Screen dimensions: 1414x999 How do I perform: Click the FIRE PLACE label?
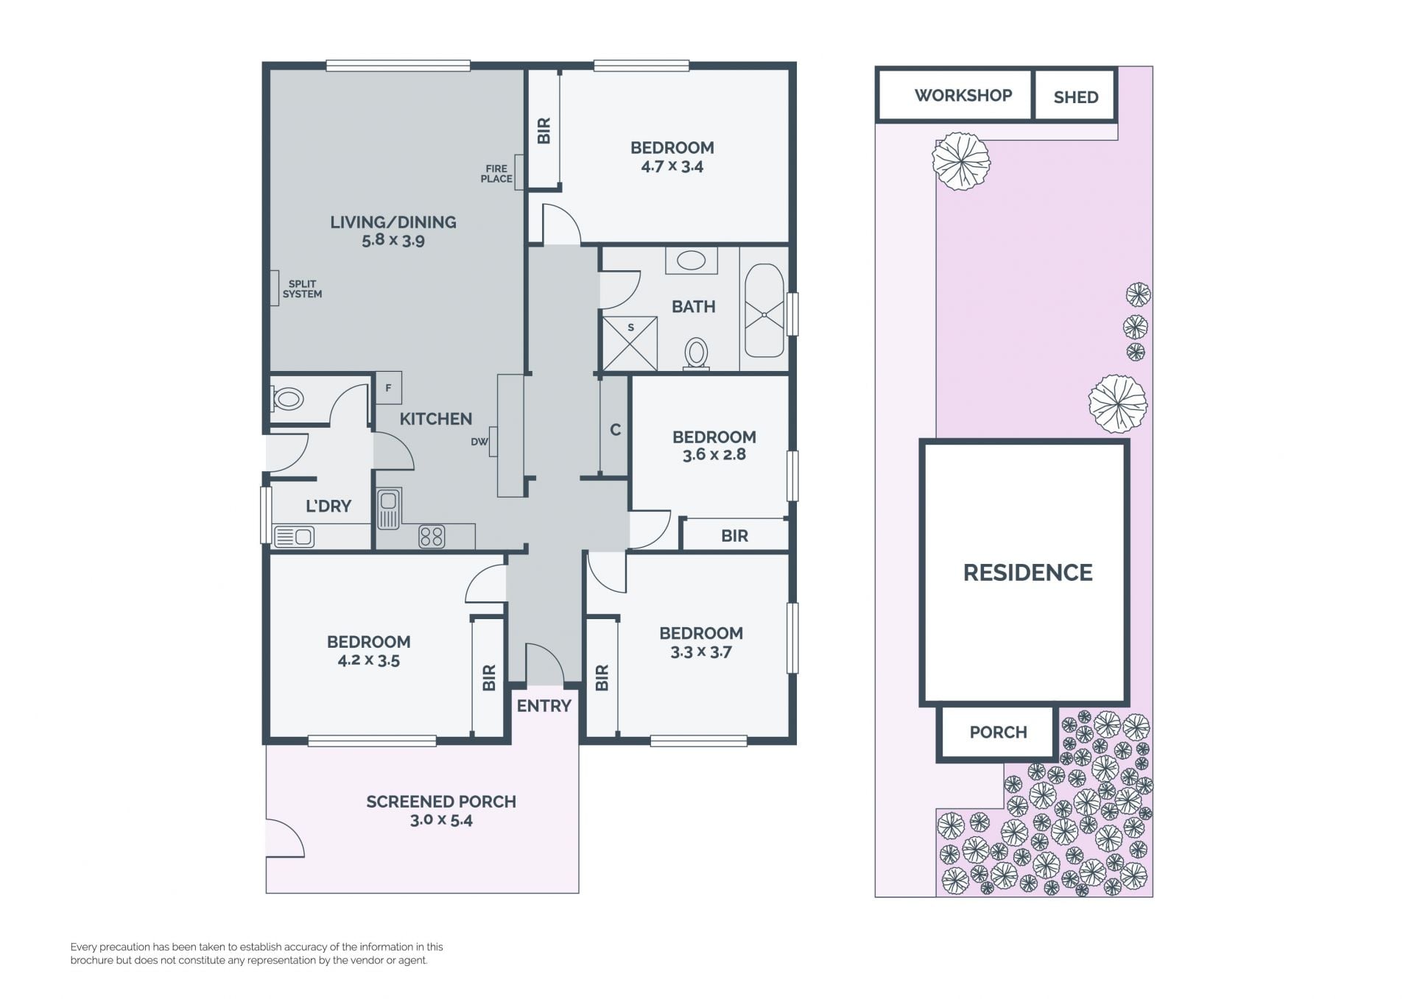pyautogui.click(x=496, y=174)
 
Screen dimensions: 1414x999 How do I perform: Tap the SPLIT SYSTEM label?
pyautogui.click(x=302, y=289)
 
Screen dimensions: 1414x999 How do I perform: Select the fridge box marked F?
pyautogui.click(x=389, y=388)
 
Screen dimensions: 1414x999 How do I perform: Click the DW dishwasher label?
pyautogui.click(x=479, y=442)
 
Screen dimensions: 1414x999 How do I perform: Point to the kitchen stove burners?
pyautogui.click(x=432, y=537)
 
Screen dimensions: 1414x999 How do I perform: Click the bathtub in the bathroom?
pyautogui.click(x=764, y=311)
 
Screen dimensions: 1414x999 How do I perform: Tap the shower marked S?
pyautogui.click(x=630, y=344)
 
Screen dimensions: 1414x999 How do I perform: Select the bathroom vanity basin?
pyautogui.click(x=692, y=261)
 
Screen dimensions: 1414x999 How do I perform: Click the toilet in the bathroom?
pyautogui.click(x=696, y=354)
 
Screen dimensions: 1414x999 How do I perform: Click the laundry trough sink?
pyautogui.click(x=294, y=536)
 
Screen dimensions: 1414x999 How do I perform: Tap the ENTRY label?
pyautogui.click(x=544, y=706)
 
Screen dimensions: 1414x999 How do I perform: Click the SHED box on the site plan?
pyautogui.click(x=1075, y=95)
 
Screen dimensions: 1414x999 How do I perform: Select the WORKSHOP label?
pyautogui.click(x=963, y=95)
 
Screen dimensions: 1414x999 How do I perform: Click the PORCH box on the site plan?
pyautogui.click(x=998, y=733)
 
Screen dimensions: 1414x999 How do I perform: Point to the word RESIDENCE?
pyautogui.click(x=1028, y=573)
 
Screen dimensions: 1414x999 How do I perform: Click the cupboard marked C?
pyautogui.click(x=615, y=428)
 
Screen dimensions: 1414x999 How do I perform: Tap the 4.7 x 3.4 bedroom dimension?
pyautogui.click(x=672, y=166)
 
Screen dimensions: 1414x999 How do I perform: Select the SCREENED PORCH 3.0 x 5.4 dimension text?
pyautogui.click(x=441, y=820)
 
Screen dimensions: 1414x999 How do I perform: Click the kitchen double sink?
pyautogui.click(x=389, y=509)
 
